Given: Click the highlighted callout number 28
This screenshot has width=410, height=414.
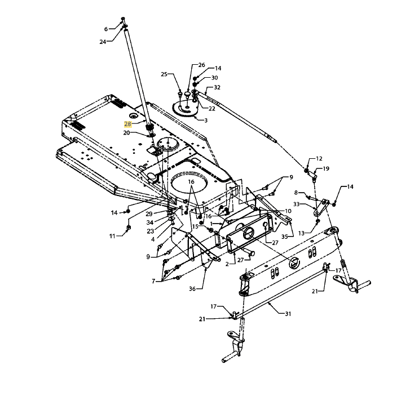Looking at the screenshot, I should [x=127, y=124].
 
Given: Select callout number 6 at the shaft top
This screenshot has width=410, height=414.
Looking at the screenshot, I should [x=105, y=29].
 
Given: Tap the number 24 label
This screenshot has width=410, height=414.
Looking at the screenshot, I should [x=103, y=42].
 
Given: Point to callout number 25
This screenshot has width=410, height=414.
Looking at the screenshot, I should [x=164, y=74].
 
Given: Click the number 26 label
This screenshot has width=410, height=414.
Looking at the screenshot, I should [x=202, y=65].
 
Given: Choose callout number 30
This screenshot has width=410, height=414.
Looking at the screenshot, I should [x=214, y=78].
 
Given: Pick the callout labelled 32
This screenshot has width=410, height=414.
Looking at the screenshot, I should [x=217, y=87].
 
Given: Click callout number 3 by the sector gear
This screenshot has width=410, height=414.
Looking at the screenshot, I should [x=206, y=120].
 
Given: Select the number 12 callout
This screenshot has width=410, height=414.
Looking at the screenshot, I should [x=319, y=159].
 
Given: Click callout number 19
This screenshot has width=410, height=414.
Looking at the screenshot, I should [x=326, y=168].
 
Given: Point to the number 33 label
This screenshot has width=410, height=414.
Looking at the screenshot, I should [x=304, y=205].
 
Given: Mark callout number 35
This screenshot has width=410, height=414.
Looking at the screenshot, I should [x=284, y=237].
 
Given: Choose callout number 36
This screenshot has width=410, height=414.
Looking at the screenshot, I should [x=192, y=289].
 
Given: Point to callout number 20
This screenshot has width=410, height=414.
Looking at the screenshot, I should [x=127, y=133].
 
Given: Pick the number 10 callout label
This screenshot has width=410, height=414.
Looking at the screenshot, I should [x=288, y=211].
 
